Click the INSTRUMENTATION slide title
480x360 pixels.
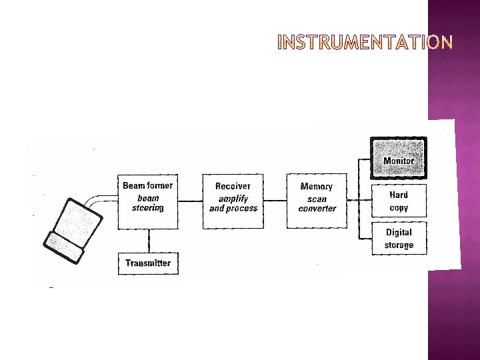tap(365, 43)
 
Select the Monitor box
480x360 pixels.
tap(399, 159)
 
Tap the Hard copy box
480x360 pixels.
tap(399, 201)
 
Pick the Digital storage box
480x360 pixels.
tap(399, 239)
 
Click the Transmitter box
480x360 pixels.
tap(148, 263)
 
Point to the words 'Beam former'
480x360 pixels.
tap(148, 186)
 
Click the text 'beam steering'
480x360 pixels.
tap(148, 203)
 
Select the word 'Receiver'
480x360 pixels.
tap(233, 187)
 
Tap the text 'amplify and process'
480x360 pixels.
tap(233, 203)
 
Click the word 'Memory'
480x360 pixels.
tap(316, 187)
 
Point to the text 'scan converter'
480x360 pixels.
tap(317, 204)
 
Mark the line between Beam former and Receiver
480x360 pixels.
tap(190, 201)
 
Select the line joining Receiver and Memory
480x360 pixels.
tap(275, 201)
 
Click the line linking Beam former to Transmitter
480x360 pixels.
tap(148, 241)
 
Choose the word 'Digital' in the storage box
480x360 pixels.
tap(399, 233)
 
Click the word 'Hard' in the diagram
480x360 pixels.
tap(399, 195)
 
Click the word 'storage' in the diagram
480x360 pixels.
tap(399, 245)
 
